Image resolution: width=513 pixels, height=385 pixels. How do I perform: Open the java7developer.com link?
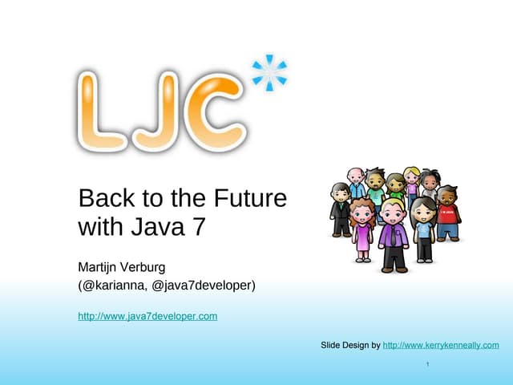click(x=147, y=316)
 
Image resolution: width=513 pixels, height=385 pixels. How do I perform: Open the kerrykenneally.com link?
click(x=441, y=345)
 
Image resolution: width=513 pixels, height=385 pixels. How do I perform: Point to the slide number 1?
click(x=429, y=366)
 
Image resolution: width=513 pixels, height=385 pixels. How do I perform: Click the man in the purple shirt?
click(x=394, y=237)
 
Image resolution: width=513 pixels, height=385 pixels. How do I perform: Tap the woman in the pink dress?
click(x=362, y=233)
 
